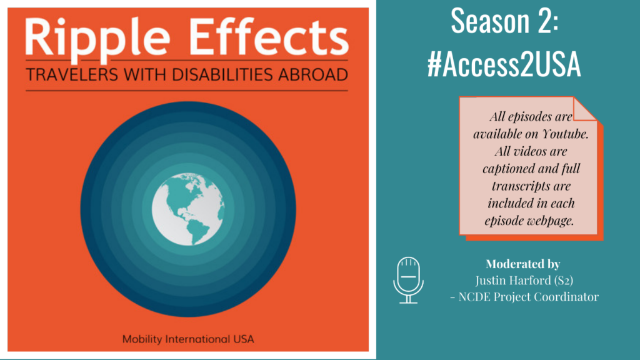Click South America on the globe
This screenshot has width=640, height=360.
point(199,232)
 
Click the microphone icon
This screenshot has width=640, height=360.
point(408,279)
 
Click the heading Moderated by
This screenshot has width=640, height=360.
point(522,264)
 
